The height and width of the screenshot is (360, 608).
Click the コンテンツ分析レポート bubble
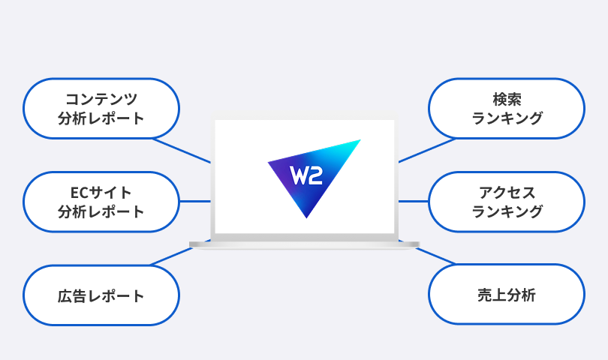coord(101,108)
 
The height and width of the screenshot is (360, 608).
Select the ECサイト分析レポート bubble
coord(101,202)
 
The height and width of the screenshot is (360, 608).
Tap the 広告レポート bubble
coord(101,295)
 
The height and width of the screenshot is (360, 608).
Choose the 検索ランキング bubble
coord(507,108)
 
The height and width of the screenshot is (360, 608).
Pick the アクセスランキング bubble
coord(507,202)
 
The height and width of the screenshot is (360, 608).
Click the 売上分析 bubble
coord(507,295)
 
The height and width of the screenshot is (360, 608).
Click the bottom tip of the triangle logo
coord(306,216)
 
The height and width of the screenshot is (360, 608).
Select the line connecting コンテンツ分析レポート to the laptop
coord(182,150)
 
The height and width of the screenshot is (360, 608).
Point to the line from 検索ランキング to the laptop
coord(426,150)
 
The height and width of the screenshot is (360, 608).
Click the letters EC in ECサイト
coord(68,192)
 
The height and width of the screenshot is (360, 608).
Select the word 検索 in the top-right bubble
coord(507,98)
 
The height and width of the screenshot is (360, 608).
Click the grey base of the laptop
coord(304,244)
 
